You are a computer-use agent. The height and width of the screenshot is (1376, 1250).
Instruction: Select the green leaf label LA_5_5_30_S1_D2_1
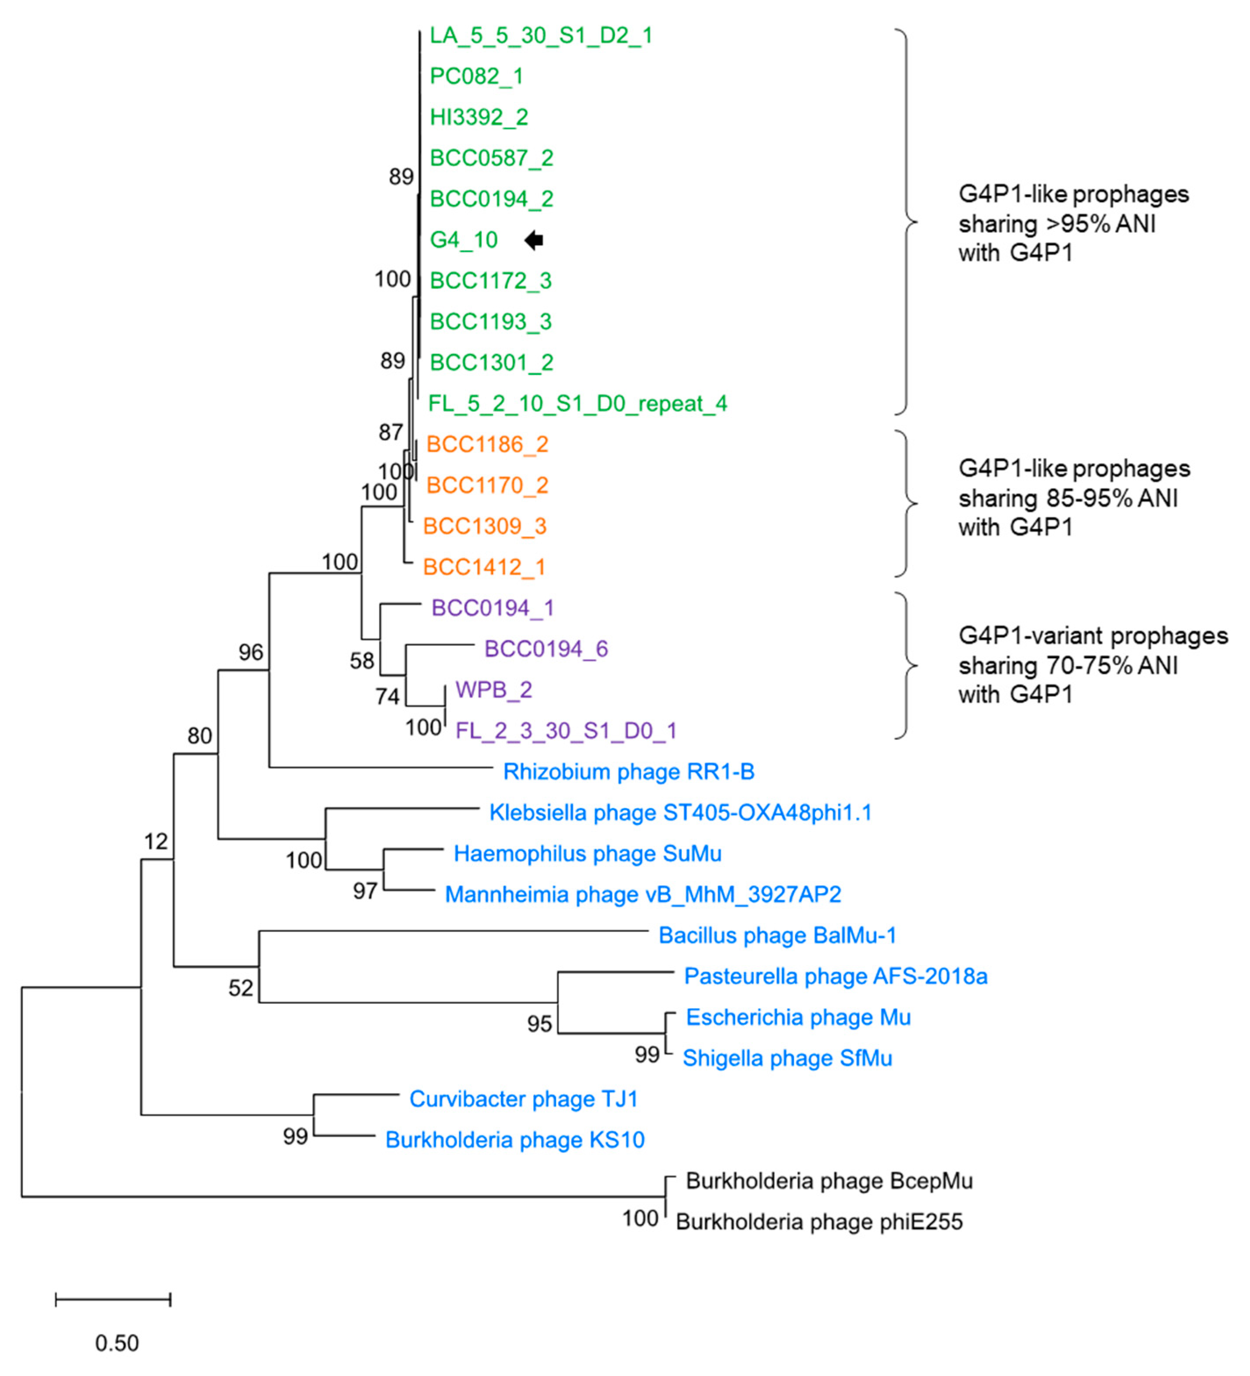pos(541,36)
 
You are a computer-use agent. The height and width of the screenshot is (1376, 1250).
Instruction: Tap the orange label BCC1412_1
pos(484,567)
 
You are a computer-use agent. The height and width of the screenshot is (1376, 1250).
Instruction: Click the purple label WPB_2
pos(493,690)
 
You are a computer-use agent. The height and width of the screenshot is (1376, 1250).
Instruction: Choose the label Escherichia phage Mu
pos(798,1018)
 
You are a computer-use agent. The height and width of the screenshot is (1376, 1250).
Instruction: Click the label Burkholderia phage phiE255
pos(819,1222)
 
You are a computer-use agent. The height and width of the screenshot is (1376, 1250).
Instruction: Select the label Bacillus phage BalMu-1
pos(777,936)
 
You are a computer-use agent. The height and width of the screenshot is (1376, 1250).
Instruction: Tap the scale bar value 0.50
pos(117,1343)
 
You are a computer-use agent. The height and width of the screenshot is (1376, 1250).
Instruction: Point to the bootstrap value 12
pos(156,841)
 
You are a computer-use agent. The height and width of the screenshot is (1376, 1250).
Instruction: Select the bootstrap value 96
pos(250,652)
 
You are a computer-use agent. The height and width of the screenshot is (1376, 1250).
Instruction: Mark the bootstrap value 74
pos(387,696)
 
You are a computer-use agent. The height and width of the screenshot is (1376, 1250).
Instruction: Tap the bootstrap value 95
pos(539,1024)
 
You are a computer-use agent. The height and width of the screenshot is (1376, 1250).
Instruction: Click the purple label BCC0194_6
pos(546,649)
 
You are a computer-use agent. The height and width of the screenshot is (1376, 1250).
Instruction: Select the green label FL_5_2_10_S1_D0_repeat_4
pos(578,404)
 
